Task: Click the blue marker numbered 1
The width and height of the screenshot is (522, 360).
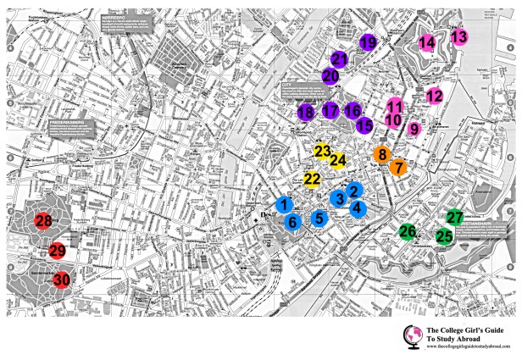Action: coord(286,204)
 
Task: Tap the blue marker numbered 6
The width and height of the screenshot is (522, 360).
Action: coord(293,222)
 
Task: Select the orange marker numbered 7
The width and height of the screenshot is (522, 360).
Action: coord(397,168)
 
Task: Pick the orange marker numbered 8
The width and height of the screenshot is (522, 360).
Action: coord(383,155)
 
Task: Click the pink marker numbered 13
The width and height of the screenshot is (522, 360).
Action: coord(458,36)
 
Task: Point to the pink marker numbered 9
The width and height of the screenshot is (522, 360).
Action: coord(414,129)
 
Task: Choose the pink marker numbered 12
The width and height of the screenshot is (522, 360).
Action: coord(434,96)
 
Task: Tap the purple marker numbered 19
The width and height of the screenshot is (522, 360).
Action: coord(368,42)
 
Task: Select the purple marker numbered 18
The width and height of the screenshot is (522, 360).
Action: coord(306,113)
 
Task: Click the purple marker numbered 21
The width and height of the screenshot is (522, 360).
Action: coord(340,59)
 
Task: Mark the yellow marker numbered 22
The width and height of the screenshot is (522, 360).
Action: coord(312,179)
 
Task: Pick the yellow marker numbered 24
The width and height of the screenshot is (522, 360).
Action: coord(338,159)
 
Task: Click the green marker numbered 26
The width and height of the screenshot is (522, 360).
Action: coord(408,231)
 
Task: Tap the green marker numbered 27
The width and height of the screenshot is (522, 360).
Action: coord(455,218)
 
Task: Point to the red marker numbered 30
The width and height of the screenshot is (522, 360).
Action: coord(61,280)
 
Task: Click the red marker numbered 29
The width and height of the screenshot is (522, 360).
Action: coord(58,251)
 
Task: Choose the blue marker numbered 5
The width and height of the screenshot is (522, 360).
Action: coord(319,218)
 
